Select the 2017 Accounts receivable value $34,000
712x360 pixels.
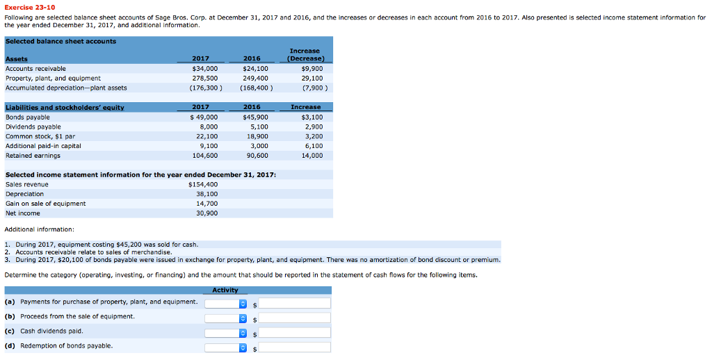pyautogui.click(x=204, y=69)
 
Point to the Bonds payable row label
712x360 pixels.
pyautogui.click(x=27, y=117)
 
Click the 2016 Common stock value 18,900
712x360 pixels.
pyautogui.click(x=257, y=137)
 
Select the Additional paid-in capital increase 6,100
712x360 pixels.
pyautogui.click(x=313, y=146)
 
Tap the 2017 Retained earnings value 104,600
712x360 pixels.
pyautogui.click(x=204, y=156)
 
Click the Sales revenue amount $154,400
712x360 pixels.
pyautogui.click(x=203, y=184)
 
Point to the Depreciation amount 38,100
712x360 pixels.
pyautogui.click(x=207, y=194)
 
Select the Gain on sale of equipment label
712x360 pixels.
pyautogui.click(x=46, y=204)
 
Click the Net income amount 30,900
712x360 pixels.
pyautogui.click(x=207, y=213)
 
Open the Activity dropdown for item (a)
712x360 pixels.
pyautogui.click(x=225, y=304)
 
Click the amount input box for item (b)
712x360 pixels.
pyautogui.click(x=295, y=318)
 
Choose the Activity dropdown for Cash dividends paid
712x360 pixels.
pyautogui.click(x=225, y=333)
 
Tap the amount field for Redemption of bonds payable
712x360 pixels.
pyautogui.click(x=295, y=347)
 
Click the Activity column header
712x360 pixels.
pyautogui.click(x=225, y=291)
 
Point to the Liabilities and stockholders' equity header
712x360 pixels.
pyautogui.click(x=65, y=107)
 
